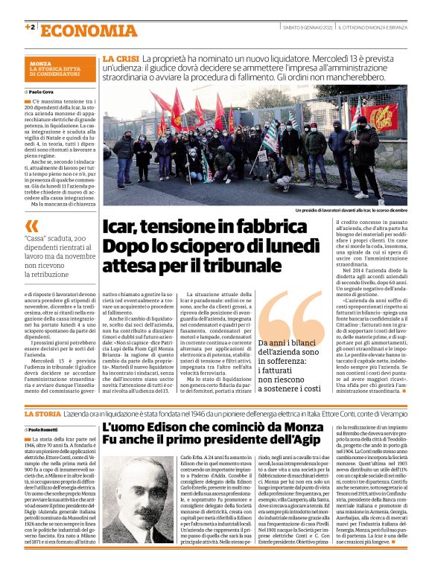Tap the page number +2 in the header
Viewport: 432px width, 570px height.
(29, 28)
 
